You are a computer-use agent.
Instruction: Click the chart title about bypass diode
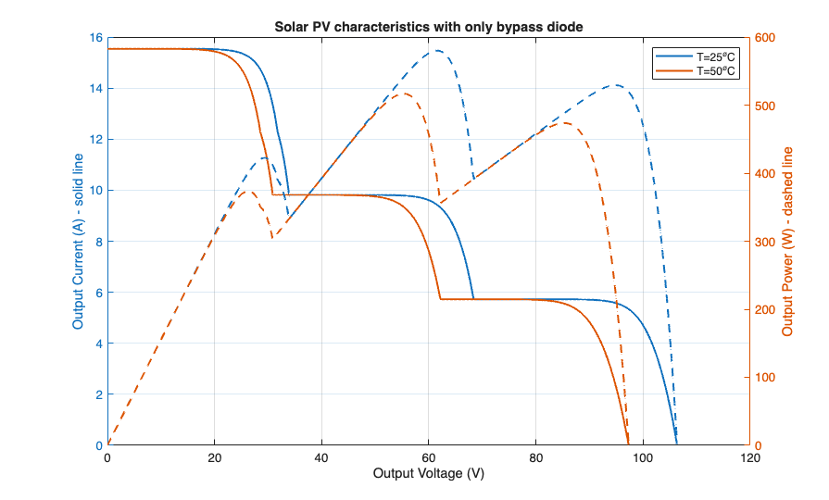pyautogui.click(x=429, y=26)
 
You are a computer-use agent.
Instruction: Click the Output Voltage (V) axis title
pyautogui.click(x=429, y=473)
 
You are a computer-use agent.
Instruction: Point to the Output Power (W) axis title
pyautogui.click(x=787, y=242)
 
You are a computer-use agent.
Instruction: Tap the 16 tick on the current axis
pyautogui.click(x=95, y=38)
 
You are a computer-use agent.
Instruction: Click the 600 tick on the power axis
pyautogui.click(x=765, y=38)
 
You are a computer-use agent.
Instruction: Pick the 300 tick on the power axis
pyautogui.click(x=765, y=242)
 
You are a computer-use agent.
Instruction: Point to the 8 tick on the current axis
pyautogui.click(x=98, y=242)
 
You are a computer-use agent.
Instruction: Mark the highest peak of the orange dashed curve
pyautogui.click(x=404, y=94)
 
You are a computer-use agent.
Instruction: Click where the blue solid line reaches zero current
pyautogui.click(x=676, y=444)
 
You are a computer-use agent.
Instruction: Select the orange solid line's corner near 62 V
pyautogui.click(x=440, y=299)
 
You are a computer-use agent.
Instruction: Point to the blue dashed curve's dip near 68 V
pyautogui.click(x=473, y=178)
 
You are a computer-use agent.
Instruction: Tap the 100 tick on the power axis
pyautogui.click(x=765, y=378)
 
